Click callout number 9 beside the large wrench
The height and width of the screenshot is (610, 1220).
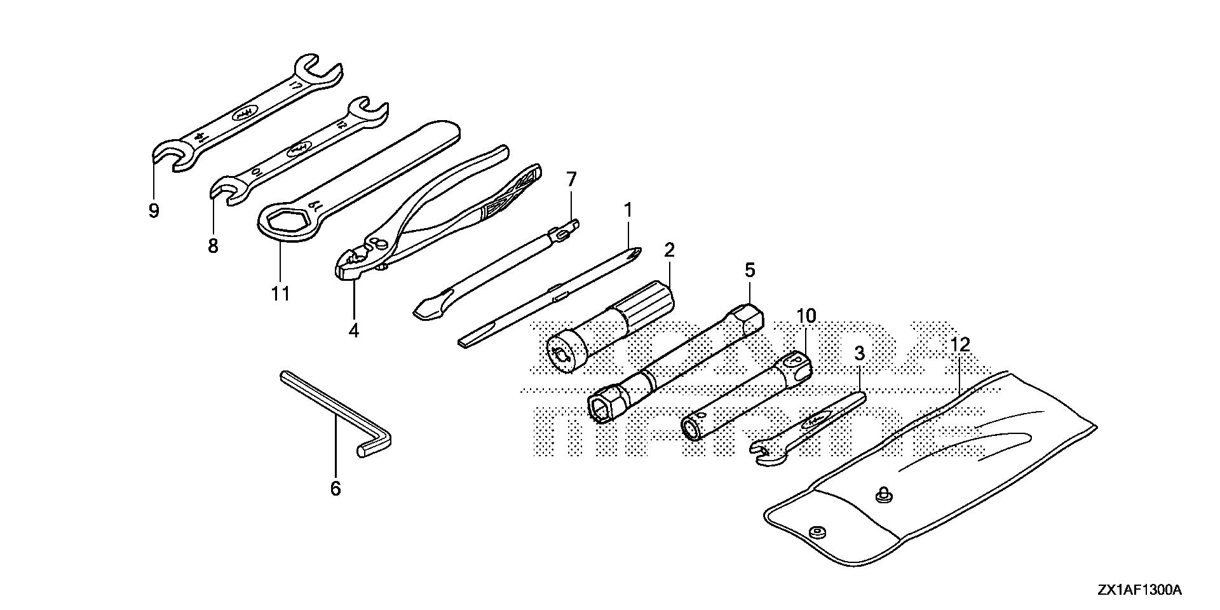pyautogui.click(x=154, y=210)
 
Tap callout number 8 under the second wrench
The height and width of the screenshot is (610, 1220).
pyautogui.click(x=213, y=245)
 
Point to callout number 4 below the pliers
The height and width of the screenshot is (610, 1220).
pyautogui.click(x=353, y=330)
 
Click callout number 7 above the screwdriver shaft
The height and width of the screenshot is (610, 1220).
pyautogui.click(x=571, y=180)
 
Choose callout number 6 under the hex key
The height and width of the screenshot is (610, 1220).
pyautogui.click(x=335, y=488)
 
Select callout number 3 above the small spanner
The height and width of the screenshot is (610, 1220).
pyautogui.click(x=859, y=354)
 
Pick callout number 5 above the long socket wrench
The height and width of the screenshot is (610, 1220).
pyautogui.click(x=750, y=270)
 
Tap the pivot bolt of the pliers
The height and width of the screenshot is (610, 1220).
pyautogui.click(x=380, y=242)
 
